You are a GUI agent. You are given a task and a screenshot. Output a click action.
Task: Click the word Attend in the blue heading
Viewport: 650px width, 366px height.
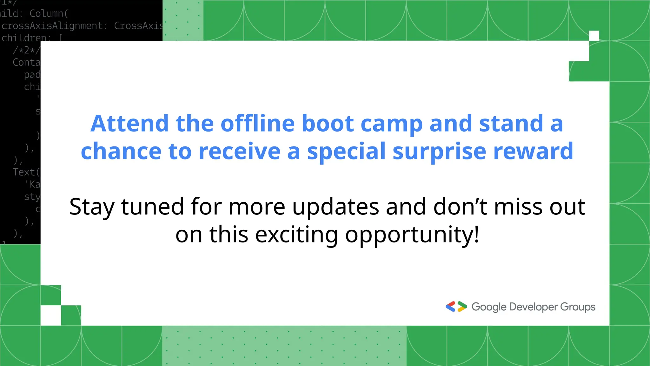tap(129, 124)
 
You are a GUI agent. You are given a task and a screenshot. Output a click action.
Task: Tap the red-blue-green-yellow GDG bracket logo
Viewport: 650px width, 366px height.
tap(456, 307)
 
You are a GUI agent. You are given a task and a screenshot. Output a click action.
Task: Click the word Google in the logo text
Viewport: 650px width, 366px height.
tap(489, 307)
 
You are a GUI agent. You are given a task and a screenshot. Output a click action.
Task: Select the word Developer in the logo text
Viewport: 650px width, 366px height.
tap(533, 307)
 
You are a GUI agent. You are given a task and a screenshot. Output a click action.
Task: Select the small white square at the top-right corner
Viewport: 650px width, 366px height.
tap(594, 36)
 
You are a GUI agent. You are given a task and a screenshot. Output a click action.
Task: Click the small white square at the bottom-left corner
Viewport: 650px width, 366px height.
tap(51, 315)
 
